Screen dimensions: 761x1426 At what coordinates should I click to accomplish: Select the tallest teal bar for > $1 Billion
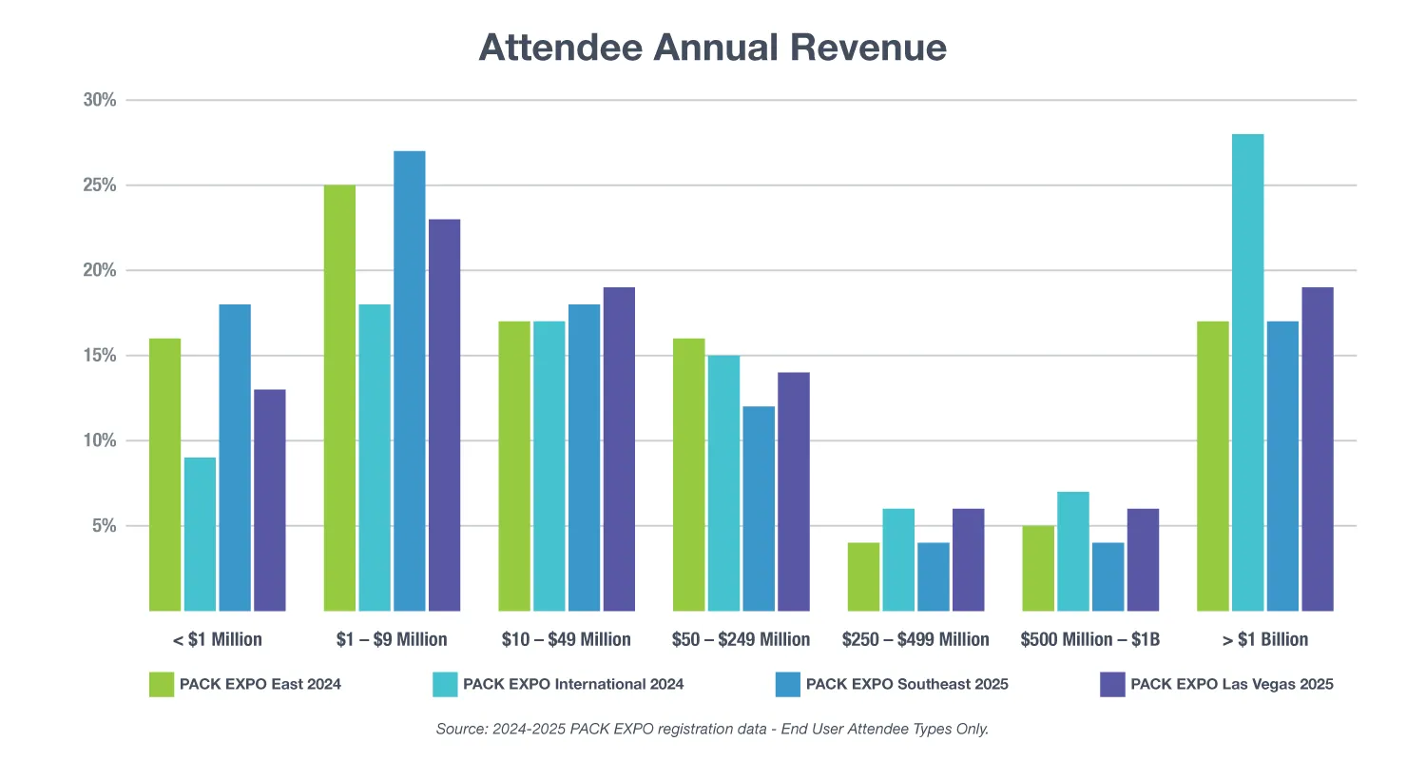(1247, 372)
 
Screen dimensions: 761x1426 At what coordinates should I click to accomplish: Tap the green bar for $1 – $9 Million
(339, 398)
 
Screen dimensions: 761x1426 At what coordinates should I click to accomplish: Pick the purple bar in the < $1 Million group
(269, 499)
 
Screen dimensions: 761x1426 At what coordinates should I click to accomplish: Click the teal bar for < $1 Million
(200, 534)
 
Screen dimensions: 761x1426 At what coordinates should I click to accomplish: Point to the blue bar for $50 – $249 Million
(759, 508)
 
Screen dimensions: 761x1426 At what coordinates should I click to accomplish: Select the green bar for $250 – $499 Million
(863, 576)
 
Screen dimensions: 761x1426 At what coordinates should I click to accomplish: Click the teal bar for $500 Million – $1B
(1073, 551)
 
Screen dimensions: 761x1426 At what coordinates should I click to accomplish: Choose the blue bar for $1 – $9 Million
(410, 380)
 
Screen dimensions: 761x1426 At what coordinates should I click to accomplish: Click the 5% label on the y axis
(103, 526)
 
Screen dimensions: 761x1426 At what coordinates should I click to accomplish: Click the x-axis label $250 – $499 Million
(915, 639)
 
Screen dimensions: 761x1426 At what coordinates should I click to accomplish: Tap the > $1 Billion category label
(1265, 639)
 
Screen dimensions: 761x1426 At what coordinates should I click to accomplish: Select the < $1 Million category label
(218, 639)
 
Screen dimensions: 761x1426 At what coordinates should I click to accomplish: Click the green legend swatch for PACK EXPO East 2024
(162, 684)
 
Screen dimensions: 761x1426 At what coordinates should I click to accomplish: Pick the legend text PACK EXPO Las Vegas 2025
(1232, 684)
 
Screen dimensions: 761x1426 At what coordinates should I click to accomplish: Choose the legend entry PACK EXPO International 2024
(573, 684)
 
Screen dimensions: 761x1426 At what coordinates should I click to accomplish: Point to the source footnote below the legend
(713, 730)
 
